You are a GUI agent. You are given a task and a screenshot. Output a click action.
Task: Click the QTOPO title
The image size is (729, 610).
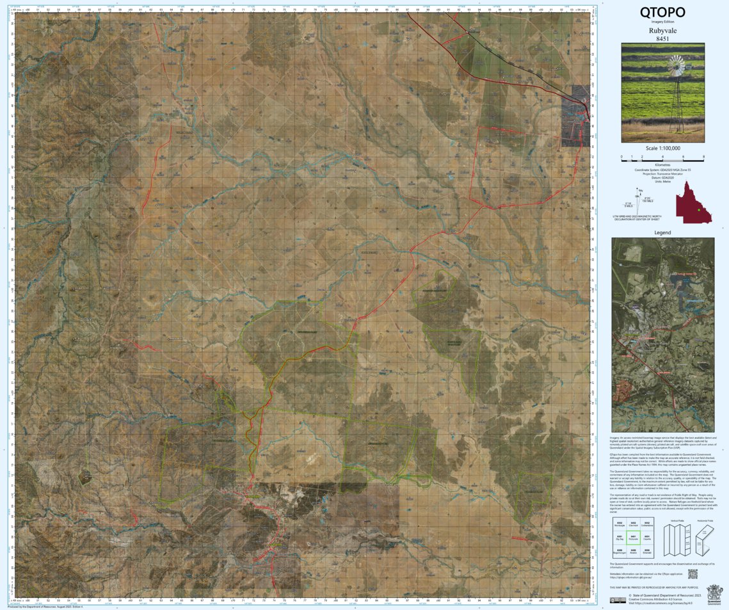pos(662,12)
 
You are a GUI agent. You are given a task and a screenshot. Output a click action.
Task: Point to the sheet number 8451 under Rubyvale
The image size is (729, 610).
pos(662,39)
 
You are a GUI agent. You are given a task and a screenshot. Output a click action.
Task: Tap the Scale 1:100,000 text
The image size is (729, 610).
pos(662,148)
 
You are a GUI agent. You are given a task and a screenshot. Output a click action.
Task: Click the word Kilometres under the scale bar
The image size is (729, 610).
pos(662,165)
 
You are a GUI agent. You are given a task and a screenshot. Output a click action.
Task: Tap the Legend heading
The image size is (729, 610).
pos(662,232)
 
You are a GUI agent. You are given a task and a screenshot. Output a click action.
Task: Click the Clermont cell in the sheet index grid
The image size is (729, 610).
pos(634,524)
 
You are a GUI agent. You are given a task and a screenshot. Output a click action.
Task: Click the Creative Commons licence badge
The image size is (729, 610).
pos(618,600)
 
